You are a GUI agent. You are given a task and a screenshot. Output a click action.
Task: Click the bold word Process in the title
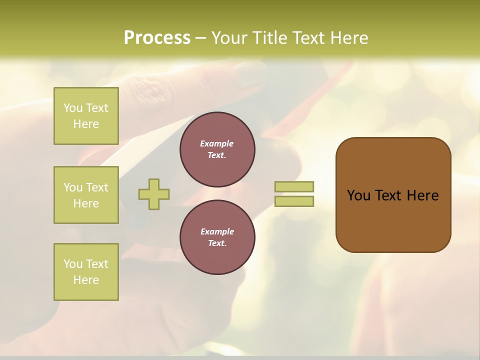point(157,37)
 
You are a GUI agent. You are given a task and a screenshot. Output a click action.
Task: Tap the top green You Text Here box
point(86,116)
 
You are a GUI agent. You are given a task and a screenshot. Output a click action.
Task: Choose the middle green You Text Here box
point(86,195)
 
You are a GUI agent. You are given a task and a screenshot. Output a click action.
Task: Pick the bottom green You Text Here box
point(86,271)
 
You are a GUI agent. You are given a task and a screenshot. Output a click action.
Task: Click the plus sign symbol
point(154,194)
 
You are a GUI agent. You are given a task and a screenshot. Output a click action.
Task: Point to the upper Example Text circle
point(217,149)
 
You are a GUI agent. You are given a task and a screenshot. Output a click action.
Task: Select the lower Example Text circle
point(217,237)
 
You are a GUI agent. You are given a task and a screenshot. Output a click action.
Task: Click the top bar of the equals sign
point(294,186)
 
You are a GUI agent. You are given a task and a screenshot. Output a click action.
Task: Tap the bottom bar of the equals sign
point(294,201)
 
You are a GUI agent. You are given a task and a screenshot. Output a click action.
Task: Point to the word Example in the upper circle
point(216,143)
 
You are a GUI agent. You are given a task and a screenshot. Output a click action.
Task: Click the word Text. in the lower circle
point(217,243)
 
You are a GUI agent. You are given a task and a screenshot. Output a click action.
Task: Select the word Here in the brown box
point(422,195)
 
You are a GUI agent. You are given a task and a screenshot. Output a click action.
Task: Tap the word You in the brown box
point(358,195)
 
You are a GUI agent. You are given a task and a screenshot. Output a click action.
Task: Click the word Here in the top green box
point(86,124)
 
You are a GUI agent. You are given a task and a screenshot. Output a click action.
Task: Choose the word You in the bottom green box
point(73,264)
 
